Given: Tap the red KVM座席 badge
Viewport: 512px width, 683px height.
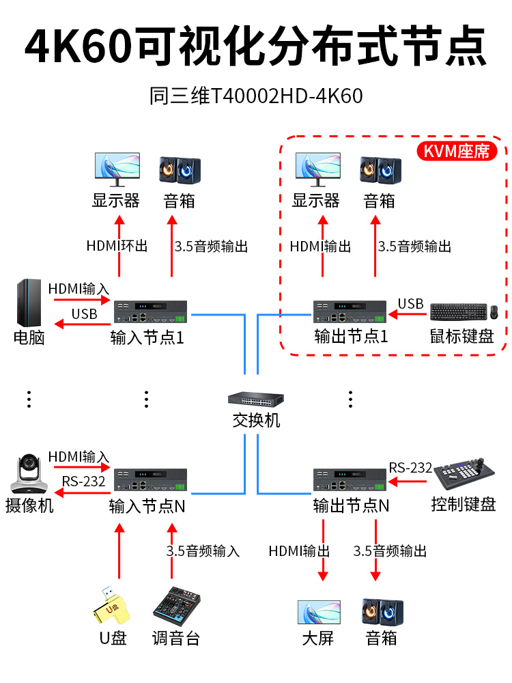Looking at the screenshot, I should (457, 151).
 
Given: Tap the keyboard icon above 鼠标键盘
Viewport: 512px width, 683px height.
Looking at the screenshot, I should (454, 312).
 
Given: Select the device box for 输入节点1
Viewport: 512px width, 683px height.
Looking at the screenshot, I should (151, 312).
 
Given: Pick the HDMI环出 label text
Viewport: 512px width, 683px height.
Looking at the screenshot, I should (117, 247).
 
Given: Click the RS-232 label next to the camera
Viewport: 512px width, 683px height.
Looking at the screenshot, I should (83, 482).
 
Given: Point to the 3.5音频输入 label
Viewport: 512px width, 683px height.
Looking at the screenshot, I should (203, 550).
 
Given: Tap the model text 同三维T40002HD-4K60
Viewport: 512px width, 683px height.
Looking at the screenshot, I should (256, 96).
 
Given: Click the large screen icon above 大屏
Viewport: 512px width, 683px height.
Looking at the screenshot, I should (318, 612).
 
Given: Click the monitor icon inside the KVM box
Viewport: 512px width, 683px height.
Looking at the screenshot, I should (317, 169).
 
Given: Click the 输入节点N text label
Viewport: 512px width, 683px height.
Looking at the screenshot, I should (147, 506).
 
